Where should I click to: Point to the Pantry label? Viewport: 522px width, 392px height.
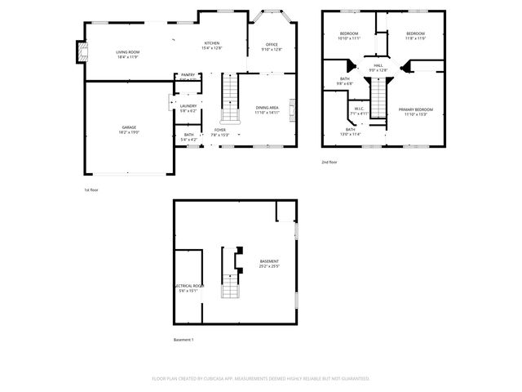188,76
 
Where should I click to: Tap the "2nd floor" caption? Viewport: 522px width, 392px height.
330,163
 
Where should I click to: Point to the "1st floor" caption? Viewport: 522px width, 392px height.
91,189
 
